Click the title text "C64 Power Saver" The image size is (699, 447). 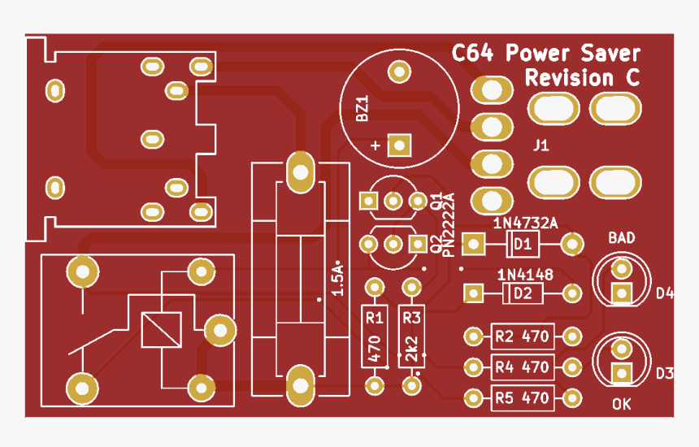click(x=546, y=54)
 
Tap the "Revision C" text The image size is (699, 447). click(x=581, y=79)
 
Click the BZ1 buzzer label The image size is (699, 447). click(x=363, y=109)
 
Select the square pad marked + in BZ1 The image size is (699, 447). click(x=398, y=145)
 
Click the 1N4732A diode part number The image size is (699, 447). click(x=525, y=223)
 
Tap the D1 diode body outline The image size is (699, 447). click(x=522, y=243)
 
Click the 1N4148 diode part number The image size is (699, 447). click(x=525, y=275)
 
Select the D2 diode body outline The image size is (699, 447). click(x=522, y=293)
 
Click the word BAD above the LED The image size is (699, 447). click(x=622, y=238)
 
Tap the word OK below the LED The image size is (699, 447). click(x=622, y=404)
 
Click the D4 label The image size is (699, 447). click(x=665, y=293)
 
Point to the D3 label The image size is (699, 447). click(x=665, y=373)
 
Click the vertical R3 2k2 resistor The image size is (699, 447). click(x=411, y=336)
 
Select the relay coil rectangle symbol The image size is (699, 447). click(x=161, y=330)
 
